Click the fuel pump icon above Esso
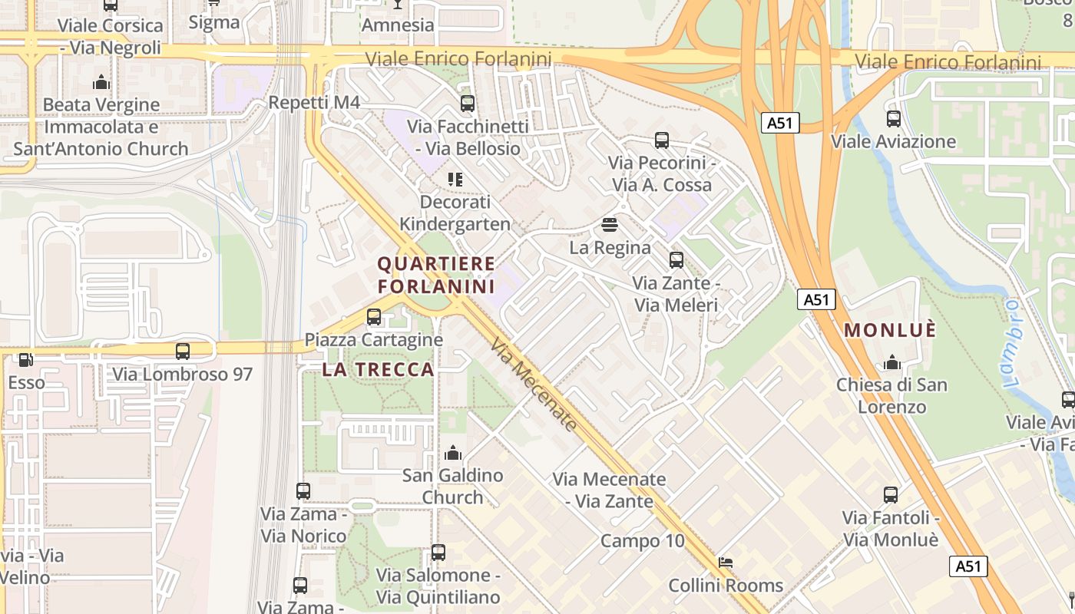coord(25,359)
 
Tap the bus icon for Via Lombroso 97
coord(183,352)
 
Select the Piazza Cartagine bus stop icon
coord(374,316)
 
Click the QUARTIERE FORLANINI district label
coord(436,275)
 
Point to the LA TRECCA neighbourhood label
coord(379,369)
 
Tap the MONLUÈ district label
coord(890,330)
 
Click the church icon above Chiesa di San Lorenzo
coord(892,361)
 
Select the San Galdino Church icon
coord(453,453)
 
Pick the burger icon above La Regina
coord(610,225)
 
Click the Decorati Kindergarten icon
coord(455,180)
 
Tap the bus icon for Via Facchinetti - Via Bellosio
coord(467,104)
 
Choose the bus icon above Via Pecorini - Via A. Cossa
coord(662,140)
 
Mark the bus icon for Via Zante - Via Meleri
coord(676,260)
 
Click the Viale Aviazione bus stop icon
coord(894,119)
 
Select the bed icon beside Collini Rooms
coord(725,563)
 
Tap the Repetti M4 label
coord(314,103)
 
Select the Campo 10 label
coord(642,540)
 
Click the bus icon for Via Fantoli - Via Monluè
coord(891,495)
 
